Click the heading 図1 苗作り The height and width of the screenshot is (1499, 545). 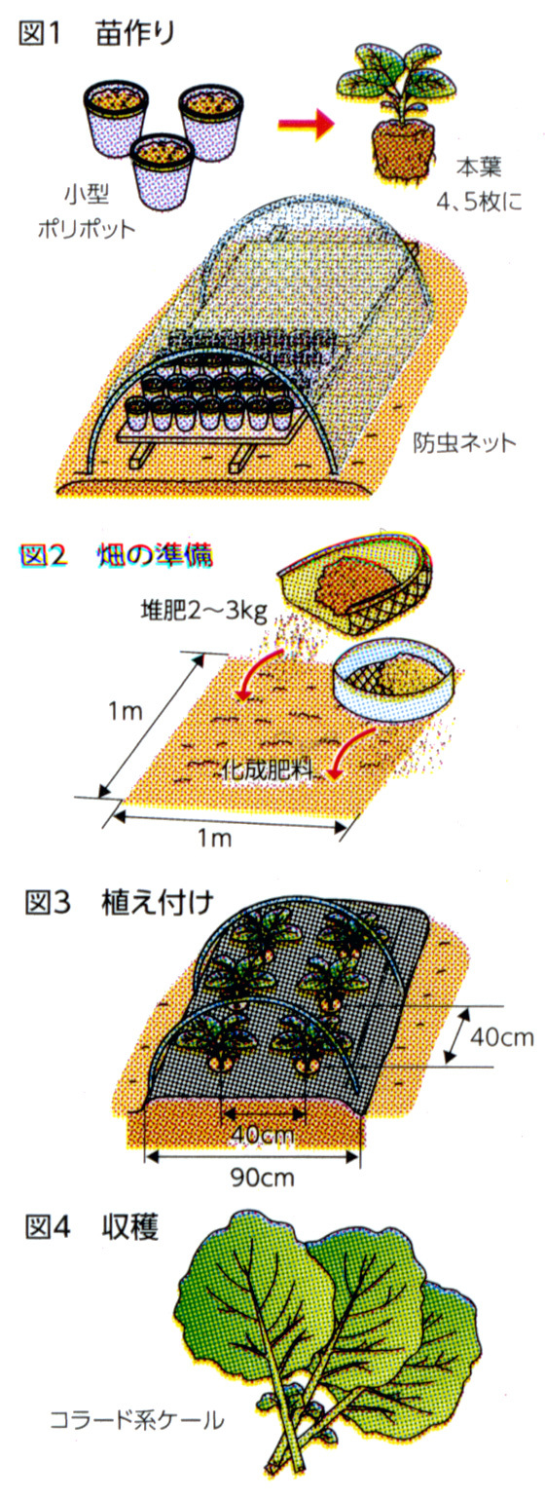96,34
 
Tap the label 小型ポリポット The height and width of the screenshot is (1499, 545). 87,211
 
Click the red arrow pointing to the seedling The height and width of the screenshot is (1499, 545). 306,123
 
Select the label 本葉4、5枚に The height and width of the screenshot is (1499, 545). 478,184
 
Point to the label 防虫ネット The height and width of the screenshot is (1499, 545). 464,442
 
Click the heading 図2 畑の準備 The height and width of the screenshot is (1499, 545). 117,555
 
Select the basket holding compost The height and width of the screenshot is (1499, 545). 355,581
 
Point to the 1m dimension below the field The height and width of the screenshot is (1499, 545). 214,838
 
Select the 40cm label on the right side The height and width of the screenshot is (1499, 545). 502,1037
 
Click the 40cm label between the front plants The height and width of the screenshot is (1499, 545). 263,1136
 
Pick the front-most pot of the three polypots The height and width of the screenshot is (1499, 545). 163,172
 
